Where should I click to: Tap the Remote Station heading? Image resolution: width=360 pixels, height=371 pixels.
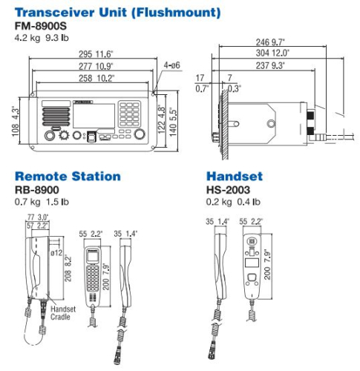pyautogui.click(x=68, y=177)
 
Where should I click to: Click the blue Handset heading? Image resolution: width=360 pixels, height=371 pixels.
pyautogui.click(x=234, y=177)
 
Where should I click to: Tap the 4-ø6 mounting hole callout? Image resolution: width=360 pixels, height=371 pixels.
pyautogui.click(x=171, y=65)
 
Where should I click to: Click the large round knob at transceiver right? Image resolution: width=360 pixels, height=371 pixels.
pyautogui.click(x=139, y=136)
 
